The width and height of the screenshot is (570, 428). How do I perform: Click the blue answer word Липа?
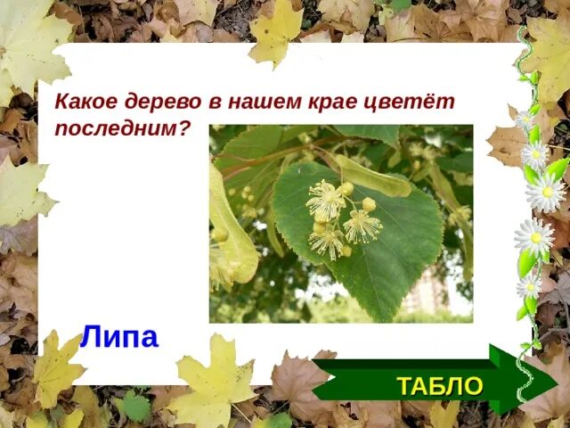[x=118, y=337]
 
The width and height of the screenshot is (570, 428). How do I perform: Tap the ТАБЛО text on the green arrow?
[x=439, y=386]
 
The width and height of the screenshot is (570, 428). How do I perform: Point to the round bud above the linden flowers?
[x=369, y=204]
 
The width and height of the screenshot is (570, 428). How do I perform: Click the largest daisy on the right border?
[x=545, y=192]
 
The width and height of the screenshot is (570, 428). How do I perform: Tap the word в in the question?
[x=214, y=102]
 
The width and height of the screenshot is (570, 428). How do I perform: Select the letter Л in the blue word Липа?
[x=90, y=337]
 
